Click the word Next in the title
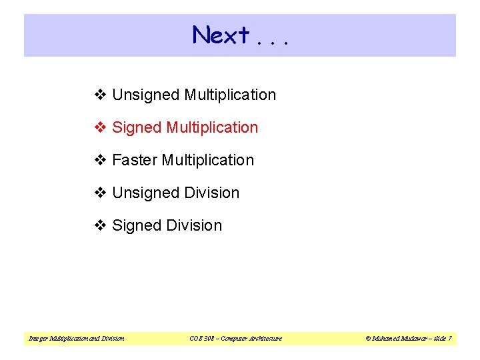(221, 35)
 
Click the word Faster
(135, 161)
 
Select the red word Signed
(137, 128)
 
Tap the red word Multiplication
(212, 128)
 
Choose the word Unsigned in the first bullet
(146, 95)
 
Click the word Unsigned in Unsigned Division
(146, 193)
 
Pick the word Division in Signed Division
(194, 226)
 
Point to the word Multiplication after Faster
(208, 161)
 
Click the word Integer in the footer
(37, 339)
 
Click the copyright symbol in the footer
(367, 339)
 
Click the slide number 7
(449, 339)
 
